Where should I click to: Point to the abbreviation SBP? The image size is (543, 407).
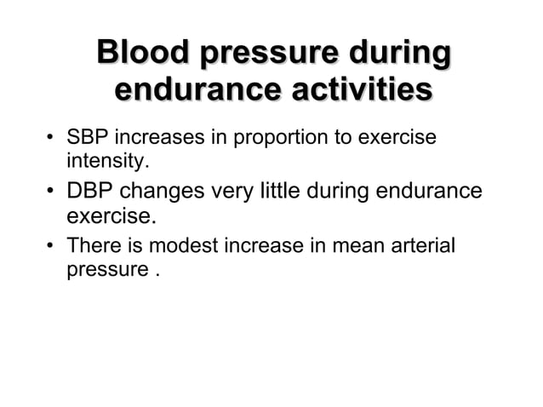pos(85,138)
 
